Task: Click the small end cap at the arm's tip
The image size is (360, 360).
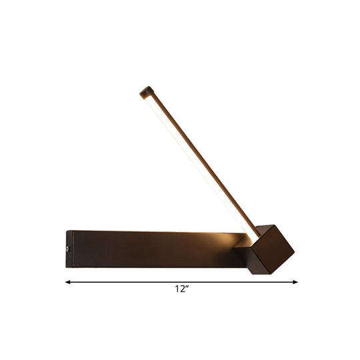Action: tap(144, 91)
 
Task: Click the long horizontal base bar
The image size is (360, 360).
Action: tap(153, 248)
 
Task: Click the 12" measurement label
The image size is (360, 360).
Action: tap(179, 291)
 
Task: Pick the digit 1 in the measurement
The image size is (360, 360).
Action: tap(175, 291)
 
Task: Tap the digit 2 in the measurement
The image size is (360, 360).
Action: tap(180, 291)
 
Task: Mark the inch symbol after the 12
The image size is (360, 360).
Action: tap(185, 289)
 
